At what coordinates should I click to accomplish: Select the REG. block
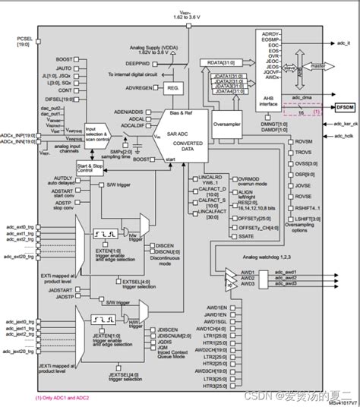point(171,88)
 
